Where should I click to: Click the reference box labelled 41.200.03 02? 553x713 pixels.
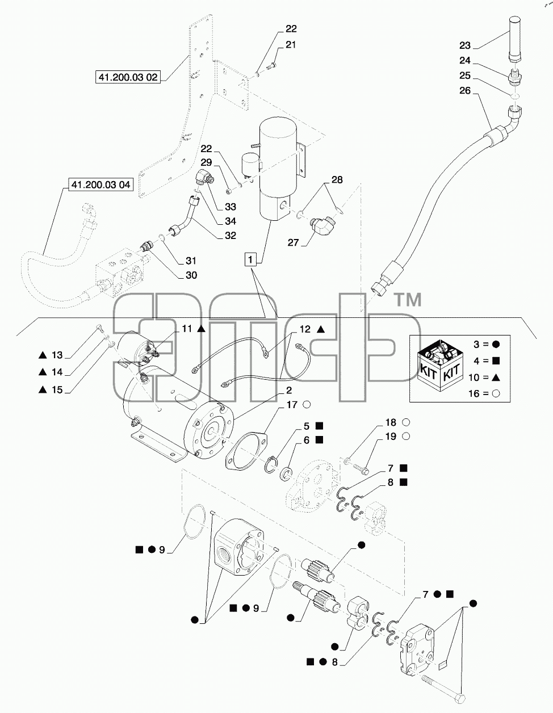128,77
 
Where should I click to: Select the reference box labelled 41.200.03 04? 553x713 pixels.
100,184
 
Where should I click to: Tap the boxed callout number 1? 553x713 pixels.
250,260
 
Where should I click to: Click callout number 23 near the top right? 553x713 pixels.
465,45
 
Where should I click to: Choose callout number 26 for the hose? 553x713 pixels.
465,91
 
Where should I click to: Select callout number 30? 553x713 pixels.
191,275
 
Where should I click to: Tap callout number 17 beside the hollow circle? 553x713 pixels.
292,405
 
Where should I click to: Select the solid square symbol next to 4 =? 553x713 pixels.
496,361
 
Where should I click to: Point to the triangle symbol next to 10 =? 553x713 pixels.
496,378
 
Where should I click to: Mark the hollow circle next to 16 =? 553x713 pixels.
496,394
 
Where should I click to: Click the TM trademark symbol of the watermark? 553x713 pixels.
407,300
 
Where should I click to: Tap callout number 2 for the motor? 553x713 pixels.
289,391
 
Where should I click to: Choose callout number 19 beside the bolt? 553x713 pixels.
391,437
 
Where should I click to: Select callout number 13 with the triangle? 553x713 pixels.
57,355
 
